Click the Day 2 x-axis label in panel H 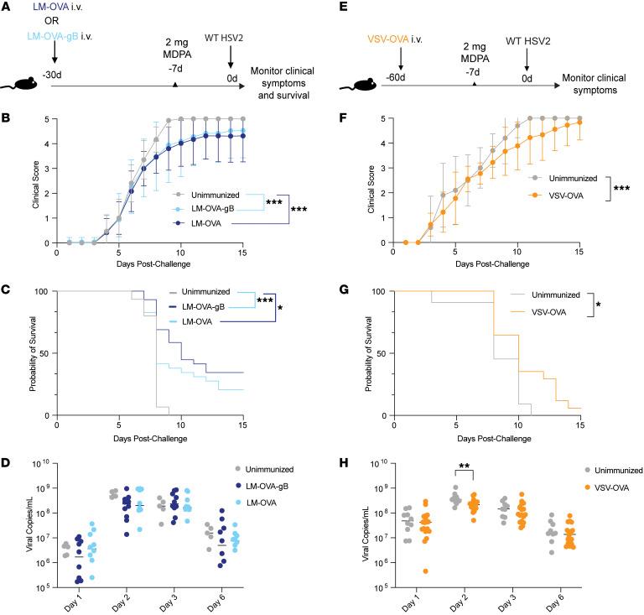coord(465,602)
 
